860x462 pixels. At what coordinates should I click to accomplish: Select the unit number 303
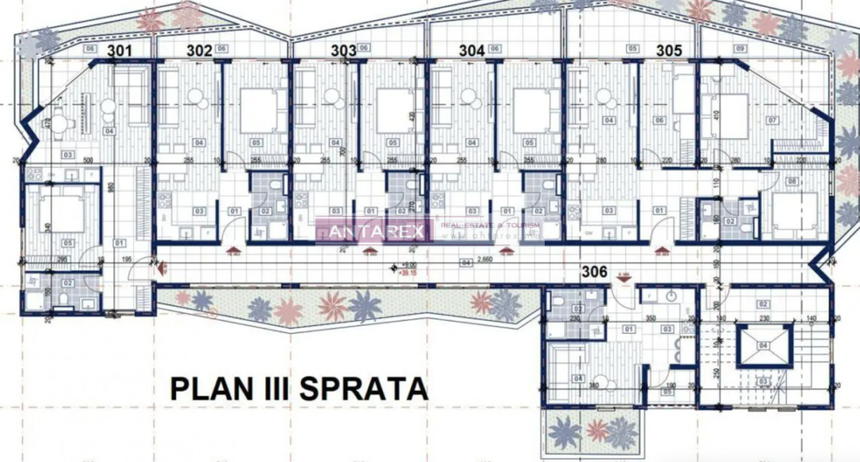pyautogui.click(x=343, y=50)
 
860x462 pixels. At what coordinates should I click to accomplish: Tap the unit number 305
pyautogui.click(x=669, y=50)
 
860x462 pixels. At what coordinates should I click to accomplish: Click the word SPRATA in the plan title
pyautogui.click(x=363, y=389)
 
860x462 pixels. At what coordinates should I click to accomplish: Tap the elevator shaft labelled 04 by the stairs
pyautogui.click(x=763, y=346)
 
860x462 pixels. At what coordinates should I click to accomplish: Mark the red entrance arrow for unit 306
pyautogui.click(x=623, y=277)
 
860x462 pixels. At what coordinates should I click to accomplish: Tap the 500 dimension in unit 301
pyautogui.click(x=87, y=161)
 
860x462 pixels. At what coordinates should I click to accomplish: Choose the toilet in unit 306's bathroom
pyautogui.click(x=560, y=303)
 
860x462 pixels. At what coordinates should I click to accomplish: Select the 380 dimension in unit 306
pyautogui.click(x=593, y=386)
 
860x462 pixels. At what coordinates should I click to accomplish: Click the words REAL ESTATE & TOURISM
pyautogui.click(x=473, y=226)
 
